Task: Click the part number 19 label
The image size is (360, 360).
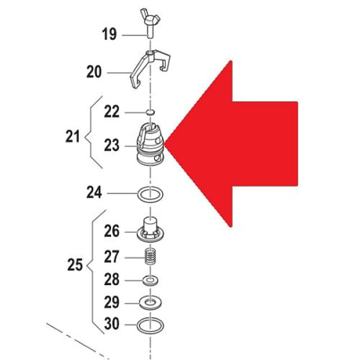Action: coord(109,34)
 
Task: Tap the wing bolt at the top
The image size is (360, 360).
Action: coord(150,23)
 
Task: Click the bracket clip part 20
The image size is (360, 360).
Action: coord(150,68)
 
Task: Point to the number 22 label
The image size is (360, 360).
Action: coord(112,112)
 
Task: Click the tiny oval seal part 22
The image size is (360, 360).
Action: coord(150,112)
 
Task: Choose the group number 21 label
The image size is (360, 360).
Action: coord(73,136)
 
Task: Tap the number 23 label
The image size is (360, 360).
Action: coord(112,145)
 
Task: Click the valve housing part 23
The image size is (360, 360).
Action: coord(151,144)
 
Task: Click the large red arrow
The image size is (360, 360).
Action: coord(231,144)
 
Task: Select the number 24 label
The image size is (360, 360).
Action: coord(94,193)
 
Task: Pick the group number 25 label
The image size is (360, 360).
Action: coord(75,265)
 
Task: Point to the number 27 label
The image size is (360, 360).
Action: coord(112,256)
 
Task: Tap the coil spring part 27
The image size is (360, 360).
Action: coord(151,257)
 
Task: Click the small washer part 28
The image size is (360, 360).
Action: coord(151,281)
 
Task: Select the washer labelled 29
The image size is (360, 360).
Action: coord(151,303)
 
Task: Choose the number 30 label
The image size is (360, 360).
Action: coord(112,323)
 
